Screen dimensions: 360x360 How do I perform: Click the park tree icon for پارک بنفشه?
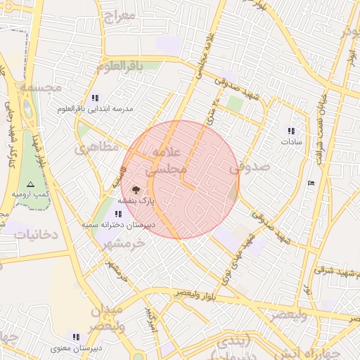136,189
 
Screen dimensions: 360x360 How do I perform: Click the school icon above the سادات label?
291,131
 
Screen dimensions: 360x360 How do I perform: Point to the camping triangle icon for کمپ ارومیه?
30,183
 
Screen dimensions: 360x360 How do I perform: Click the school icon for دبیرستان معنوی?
76,337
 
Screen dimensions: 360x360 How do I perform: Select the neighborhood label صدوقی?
250,167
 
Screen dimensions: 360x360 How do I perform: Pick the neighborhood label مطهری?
92,149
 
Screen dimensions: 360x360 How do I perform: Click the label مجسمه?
41,87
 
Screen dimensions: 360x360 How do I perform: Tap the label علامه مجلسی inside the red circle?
167,161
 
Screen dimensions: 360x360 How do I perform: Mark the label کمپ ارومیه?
29,193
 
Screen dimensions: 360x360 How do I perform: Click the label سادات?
291,141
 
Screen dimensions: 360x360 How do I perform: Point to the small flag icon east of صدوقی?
311,184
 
